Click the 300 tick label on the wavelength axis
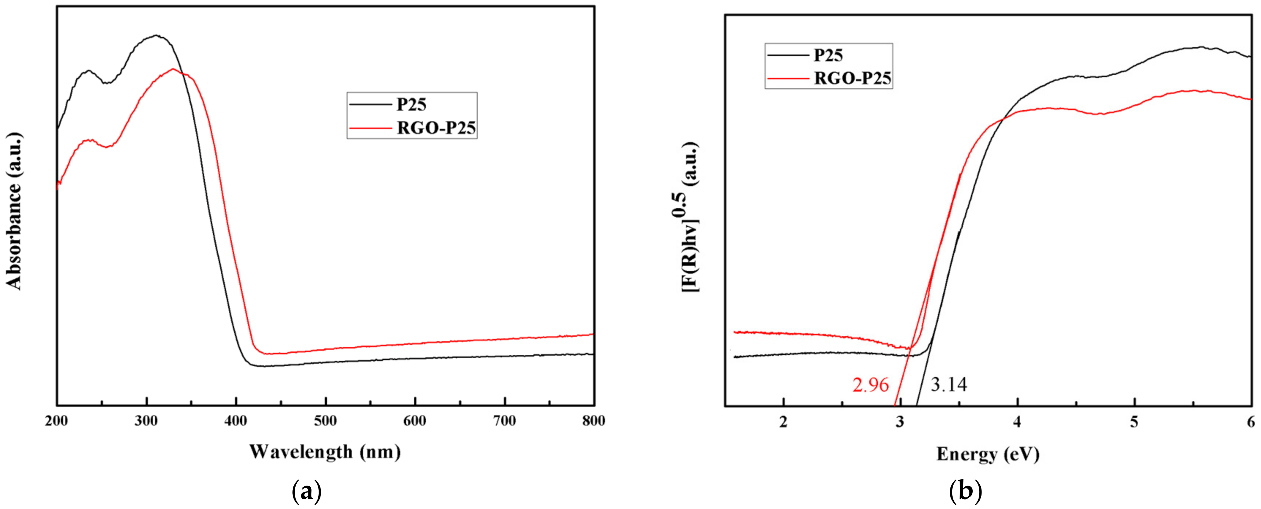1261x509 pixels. click(146, 421)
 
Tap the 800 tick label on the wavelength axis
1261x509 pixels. click(593, 421)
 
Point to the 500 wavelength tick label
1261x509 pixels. click(326, 421)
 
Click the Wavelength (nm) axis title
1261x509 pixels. click(325, 451)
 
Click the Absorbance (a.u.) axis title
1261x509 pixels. click(14, 211)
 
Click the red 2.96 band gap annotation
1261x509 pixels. click(870, 385)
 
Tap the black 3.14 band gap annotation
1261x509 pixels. click(949, 385)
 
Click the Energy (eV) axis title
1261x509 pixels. click(987, 454)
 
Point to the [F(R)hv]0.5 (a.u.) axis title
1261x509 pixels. click(691, 218)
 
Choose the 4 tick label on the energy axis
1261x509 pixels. click(1017, 422)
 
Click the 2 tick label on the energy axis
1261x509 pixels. click(783, 422)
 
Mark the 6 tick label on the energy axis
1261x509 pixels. click(1251, 422)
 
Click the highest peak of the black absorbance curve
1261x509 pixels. click(156, 35)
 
